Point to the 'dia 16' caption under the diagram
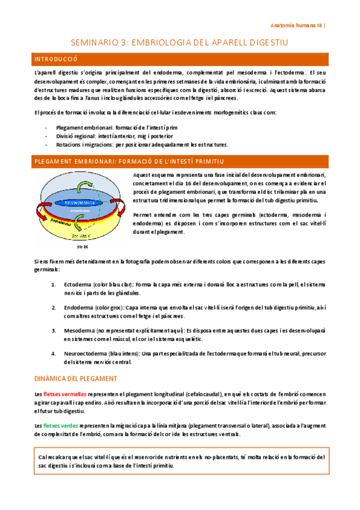pos(83,247)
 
